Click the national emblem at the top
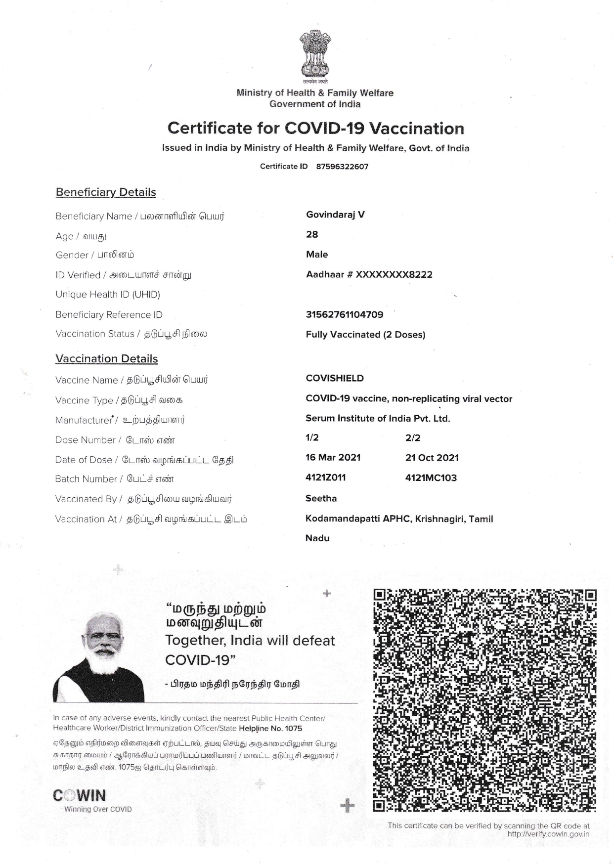click(x=315, y=53)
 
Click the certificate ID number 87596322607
click(x=342, y=167)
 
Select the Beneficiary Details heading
click(x=106, y=192)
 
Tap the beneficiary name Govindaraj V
click(x=335, y=215)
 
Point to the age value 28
click(x=312, y=234)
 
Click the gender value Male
click(x=317, y=255)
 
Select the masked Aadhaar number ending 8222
click(x=369, y=274)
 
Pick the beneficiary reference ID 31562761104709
click(x=344, y=314)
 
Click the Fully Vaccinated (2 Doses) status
click(x=365, y=335)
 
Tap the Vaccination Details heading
click(x=107, y=359)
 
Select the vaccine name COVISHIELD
click(x=335, y=378)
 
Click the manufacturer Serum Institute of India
click(x=378, y=418)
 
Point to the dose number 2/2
click(x=413, y=438)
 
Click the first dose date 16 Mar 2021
click(x=333, y=457)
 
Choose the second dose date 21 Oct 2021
click(x=432, y=458)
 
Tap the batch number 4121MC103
click(x=431, y=478)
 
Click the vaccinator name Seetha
click(x=321, y=498)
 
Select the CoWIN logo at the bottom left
click(x=80, y=796)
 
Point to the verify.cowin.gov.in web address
click(x=548, y=834)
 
